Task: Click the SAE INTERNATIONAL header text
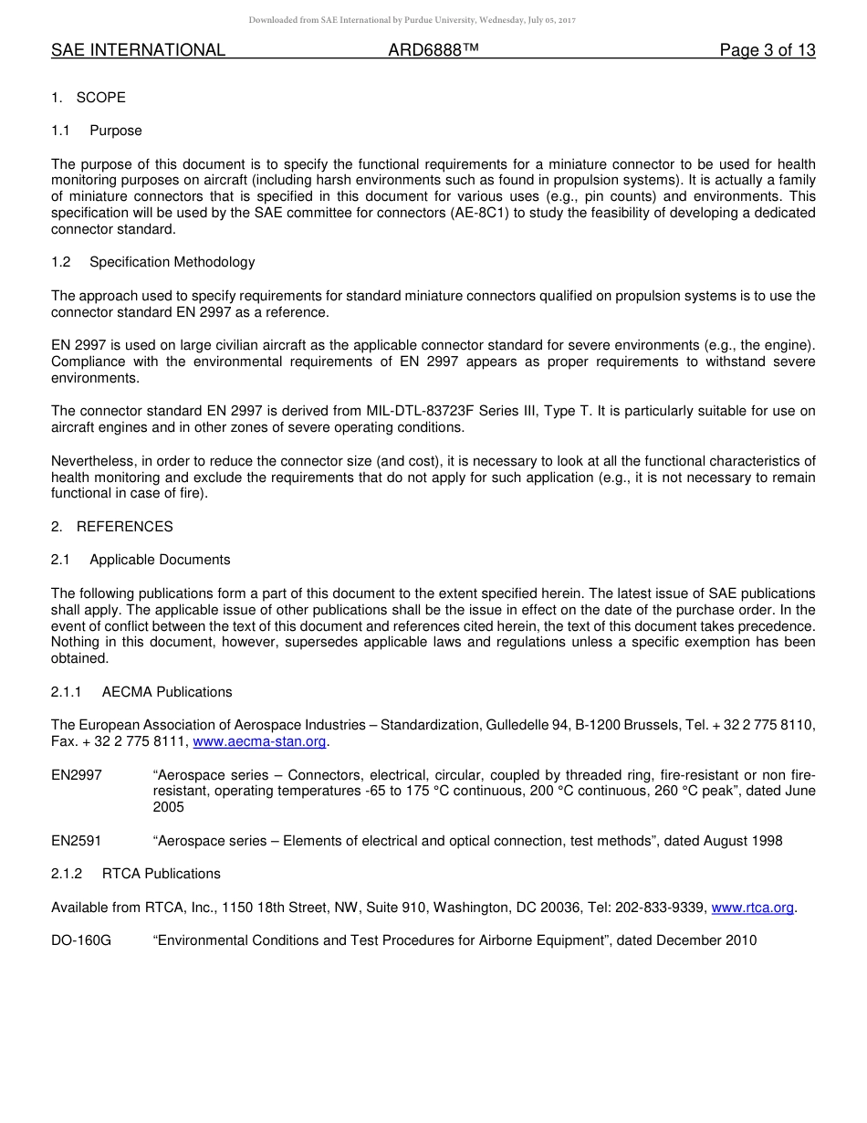coord(138,50)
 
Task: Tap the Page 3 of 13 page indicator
coord(767,50)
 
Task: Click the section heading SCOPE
coord(100,98)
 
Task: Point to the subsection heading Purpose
coord(116,131)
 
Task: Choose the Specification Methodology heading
coord(172,262)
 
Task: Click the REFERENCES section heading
coord(124,527)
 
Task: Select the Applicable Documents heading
coord(160,560)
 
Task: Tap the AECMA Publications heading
coord(167,692)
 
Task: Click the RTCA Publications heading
coord(161,874)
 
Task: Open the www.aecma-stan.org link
coord(259,742)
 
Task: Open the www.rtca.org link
coord(752,908)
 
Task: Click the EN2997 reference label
coord(77,775)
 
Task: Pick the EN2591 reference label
coord(77,841)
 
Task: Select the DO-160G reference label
coord(81,940)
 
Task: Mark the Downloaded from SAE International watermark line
coord(412,20)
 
